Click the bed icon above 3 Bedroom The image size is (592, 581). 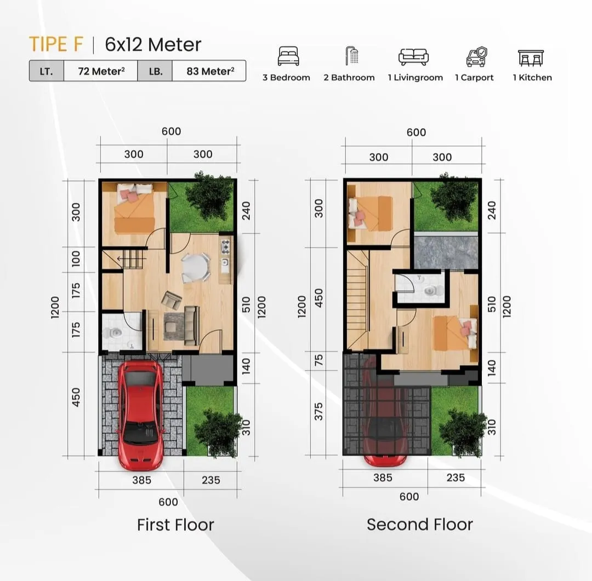point(288,56)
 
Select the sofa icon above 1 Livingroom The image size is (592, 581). point(413,57)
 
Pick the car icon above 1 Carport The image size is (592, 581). point(476,56)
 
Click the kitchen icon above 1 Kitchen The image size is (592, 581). point(531,57)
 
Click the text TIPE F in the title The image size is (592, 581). point(56,44)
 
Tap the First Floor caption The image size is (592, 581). point(175,525)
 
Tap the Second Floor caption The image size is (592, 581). point(419,525)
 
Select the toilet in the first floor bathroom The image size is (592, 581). point(112,332)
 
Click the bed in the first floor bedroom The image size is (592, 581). point(134,211)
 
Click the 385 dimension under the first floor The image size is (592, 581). point(141,480)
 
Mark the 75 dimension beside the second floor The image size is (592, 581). point(319,360)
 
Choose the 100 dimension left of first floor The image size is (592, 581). point(76,258)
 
